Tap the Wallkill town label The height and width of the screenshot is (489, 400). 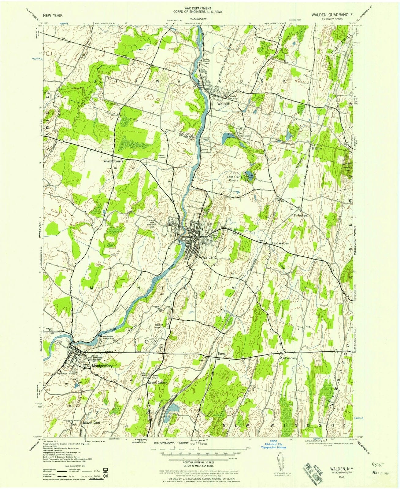click(x=224, y=104)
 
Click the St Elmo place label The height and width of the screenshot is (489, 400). click(x=317, y=149)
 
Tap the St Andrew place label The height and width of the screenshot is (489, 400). click(x=300, y=215)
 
